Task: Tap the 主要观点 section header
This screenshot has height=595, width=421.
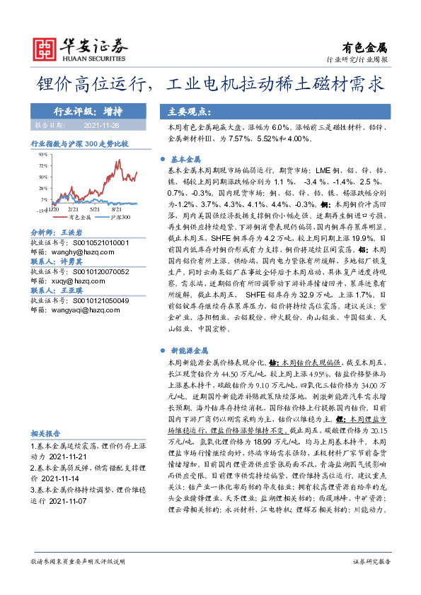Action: [186, 111]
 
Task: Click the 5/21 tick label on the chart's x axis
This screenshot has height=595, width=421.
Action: [95, 210]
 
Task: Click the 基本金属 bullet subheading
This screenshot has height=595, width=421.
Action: [187, 160]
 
